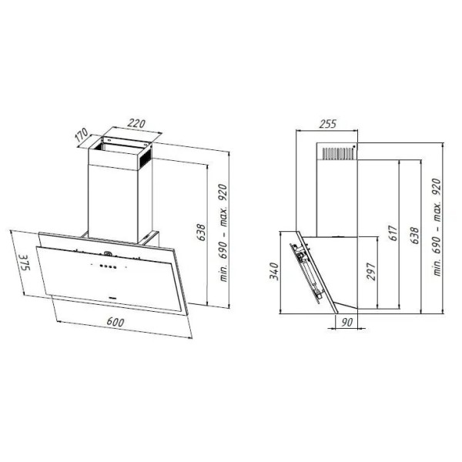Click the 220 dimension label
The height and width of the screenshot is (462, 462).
(x=136, y=123)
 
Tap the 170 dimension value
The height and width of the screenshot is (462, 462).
(x=81, y=135)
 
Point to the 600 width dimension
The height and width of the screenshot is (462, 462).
(x=115, y=323)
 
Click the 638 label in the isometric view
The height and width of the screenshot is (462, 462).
(x=202, y=233)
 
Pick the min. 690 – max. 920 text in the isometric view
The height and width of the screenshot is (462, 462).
(x=224, y=233)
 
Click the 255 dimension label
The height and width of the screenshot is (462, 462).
(x=328, y=124)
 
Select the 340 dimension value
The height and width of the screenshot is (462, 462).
(x=274, y=271)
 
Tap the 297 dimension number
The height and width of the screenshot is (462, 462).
(x=370, y=271)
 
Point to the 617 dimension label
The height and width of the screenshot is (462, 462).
(x=393, y=233)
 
